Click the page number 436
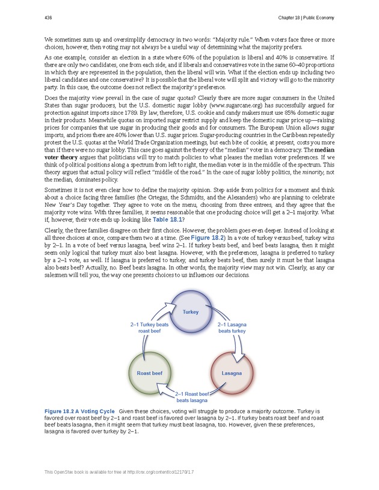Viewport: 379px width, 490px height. click(x=48, y=17)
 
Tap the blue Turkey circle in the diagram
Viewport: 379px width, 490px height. click(x=191, y=312)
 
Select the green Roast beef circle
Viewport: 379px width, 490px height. click(x=149, y=373)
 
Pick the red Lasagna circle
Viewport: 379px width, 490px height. click(x=231, y=373)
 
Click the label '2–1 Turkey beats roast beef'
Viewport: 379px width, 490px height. click(x=150, y=328)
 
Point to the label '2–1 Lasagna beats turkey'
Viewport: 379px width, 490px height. click(x=232, y=328)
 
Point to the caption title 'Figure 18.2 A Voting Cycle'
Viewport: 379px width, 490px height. click(x=81, y=411)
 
